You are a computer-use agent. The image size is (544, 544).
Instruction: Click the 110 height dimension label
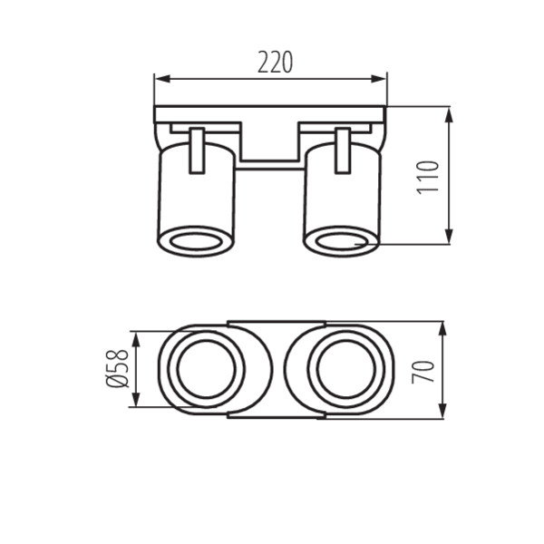[x=429, y=176]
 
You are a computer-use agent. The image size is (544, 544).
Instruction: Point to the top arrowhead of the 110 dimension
[x=450, y=112]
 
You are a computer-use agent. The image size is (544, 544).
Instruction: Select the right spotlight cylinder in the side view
[x=342, y=199]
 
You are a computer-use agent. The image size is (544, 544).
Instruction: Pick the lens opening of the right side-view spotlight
[x=342, y=241]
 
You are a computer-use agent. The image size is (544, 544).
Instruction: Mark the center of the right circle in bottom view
[x=337, y=370]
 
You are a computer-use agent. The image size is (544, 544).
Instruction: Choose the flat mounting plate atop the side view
[x=270, y=114]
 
